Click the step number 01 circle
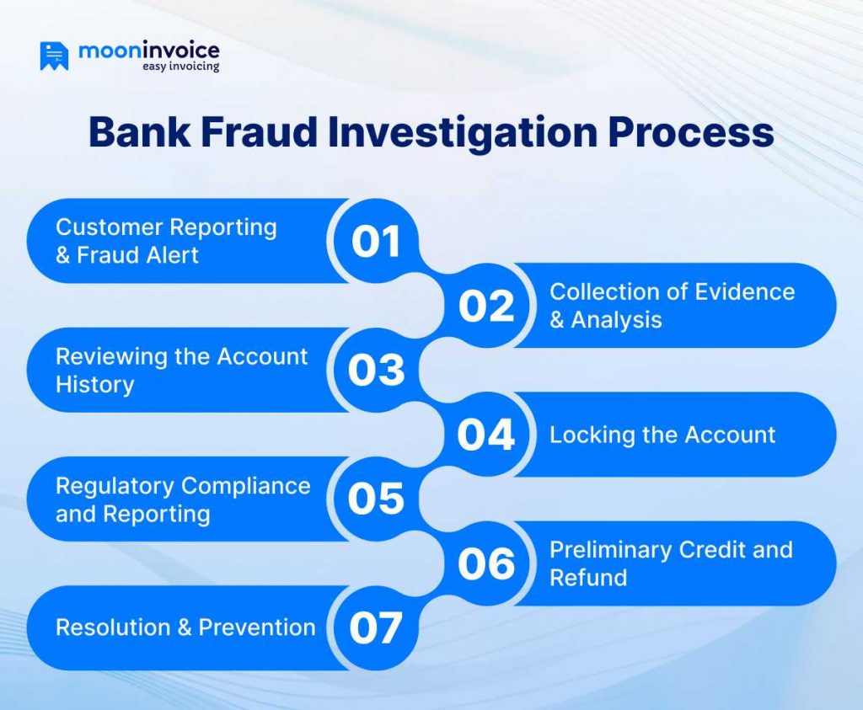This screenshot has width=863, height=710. point(376,241)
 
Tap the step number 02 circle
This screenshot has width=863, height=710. point(486,306)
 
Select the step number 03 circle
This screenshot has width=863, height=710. point(376,370)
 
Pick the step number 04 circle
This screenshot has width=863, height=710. point(486,435)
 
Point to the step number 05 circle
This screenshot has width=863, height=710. point(376,499)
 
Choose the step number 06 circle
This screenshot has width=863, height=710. point(486,563)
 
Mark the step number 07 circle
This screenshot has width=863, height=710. point(376,627)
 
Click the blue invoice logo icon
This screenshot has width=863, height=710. point(54,56)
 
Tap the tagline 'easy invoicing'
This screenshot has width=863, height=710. point(180,66)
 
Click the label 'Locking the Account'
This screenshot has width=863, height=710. point(662,435)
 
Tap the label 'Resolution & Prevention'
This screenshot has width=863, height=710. point(185,627)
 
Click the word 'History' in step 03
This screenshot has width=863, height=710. point(94,385)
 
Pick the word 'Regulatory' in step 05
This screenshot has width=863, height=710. point(115,485)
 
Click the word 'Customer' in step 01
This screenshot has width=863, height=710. point(109,227)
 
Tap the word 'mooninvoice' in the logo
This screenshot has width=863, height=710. point(148,51)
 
